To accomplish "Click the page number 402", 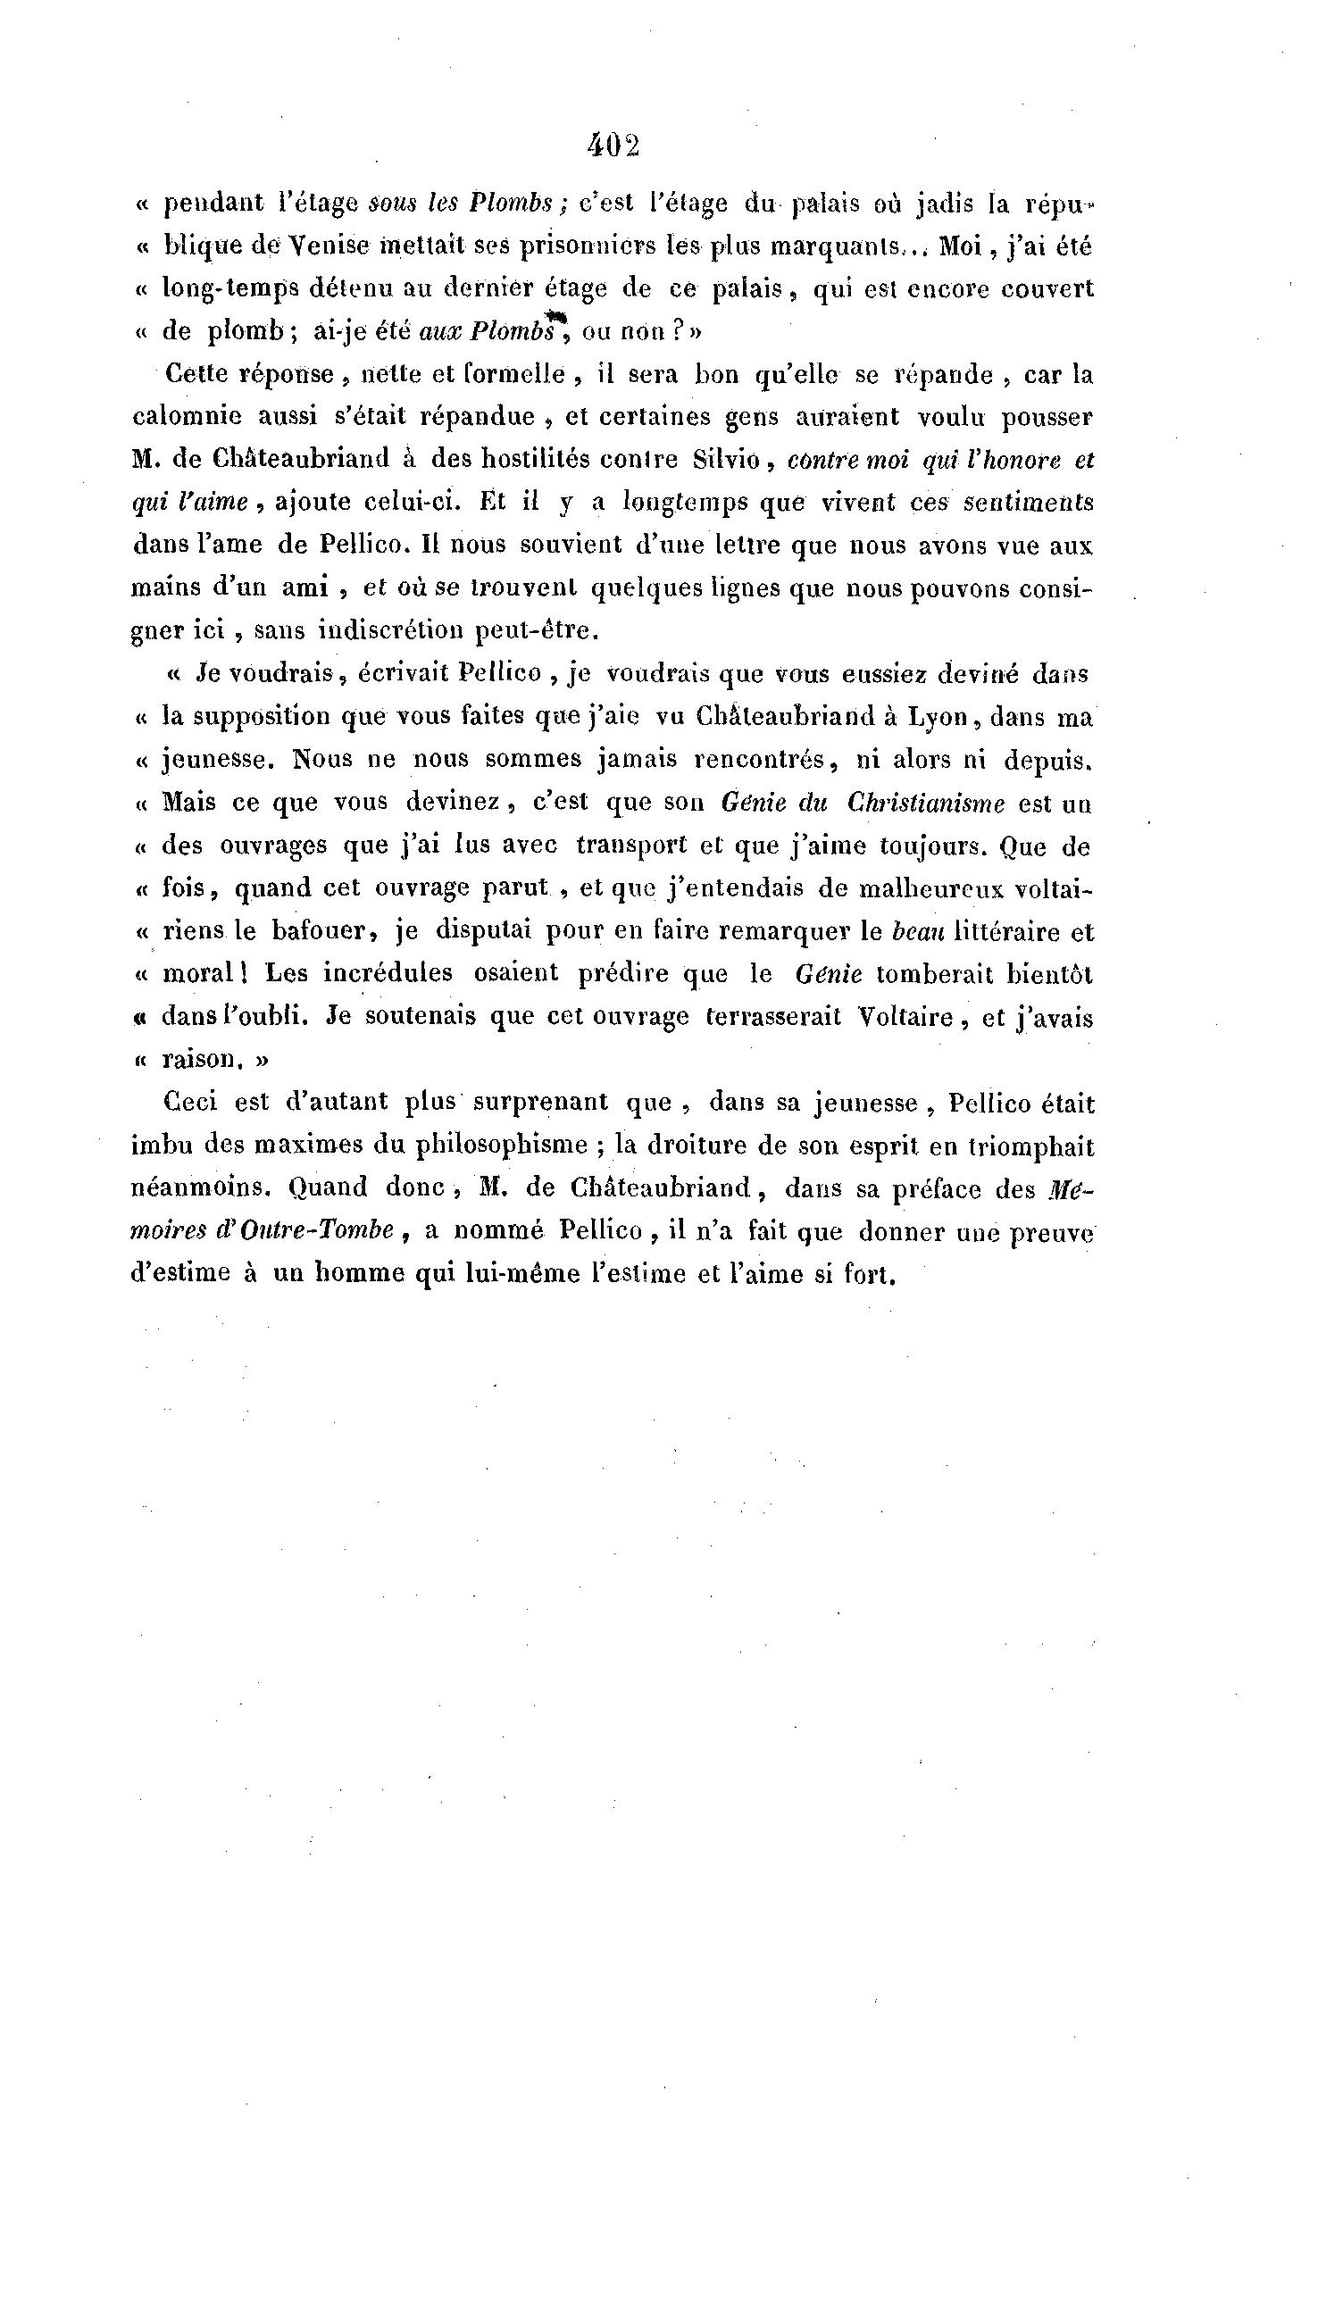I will coord(613,146).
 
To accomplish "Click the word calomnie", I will coord(187,416).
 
